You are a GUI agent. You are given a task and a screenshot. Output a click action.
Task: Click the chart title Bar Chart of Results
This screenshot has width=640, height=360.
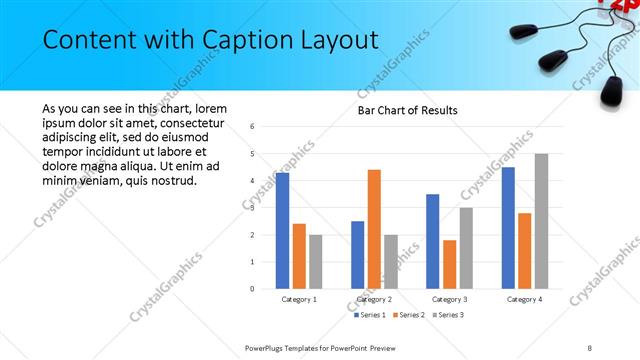(407, 110)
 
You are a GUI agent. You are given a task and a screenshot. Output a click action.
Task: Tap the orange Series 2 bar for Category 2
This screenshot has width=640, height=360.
(374, 229)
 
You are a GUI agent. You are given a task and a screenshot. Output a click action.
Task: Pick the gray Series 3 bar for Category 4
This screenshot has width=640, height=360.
(541, 221)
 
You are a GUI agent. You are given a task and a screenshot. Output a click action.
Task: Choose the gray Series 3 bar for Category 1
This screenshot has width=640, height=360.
(316, 262)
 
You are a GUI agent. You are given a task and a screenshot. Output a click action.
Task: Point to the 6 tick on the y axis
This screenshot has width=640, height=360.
(253, 127)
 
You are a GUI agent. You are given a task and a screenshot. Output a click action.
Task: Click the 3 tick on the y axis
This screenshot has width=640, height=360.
(253, 208)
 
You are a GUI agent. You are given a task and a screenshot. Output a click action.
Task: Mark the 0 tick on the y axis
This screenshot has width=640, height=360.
(253, 289)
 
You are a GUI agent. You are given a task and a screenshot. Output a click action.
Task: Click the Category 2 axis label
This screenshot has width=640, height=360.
(374, 299)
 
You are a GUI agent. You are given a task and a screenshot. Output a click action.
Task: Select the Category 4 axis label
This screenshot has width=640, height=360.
(524, 299)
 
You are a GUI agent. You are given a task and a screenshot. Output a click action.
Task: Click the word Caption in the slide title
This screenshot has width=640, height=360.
(245, 40)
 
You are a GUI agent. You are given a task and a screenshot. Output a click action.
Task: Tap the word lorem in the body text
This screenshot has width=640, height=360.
(210, 108)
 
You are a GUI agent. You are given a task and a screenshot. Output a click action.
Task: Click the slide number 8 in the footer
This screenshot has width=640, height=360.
(589, 347)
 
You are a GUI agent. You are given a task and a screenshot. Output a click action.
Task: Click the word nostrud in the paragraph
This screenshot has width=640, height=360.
(173, 180)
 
